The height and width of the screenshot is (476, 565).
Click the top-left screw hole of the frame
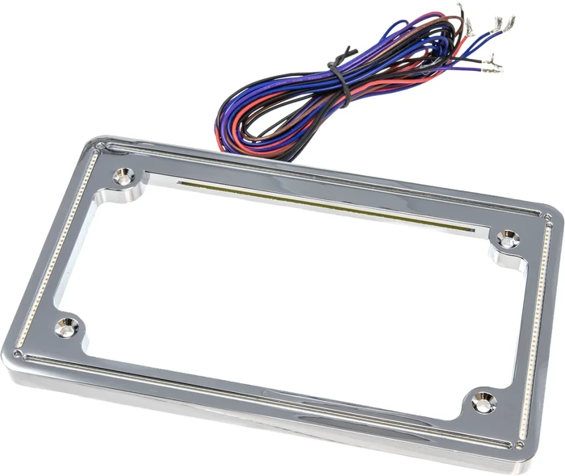[123, 173]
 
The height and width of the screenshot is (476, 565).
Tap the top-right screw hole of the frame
[507, 238]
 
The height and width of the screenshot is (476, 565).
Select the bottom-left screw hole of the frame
[65, 327]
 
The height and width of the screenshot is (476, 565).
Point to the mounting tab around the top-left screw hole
[129, 182]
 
